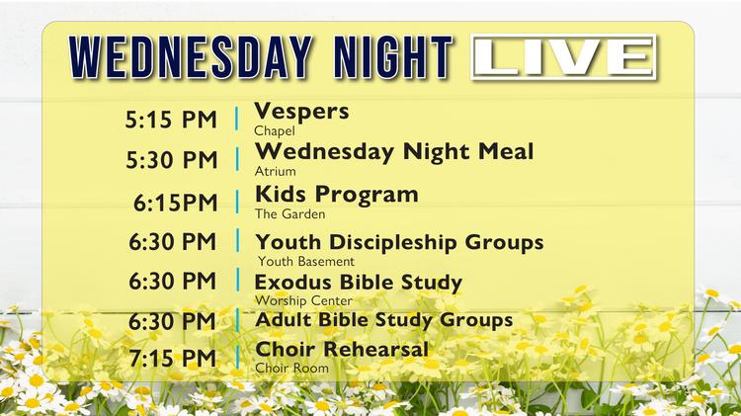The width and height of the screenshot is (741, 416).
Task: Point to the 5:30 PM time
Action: coord(170,159)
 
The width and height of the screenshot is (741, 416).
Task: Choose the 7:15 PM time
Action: coord(171,357)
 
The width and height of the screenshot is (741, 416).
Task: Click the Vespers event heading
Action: coord(302,111)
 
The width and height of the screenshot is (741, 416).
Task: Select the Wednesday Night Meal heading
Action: coord(394,151)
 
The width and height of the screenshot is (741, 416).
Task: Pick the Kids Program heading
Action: coord(336,194)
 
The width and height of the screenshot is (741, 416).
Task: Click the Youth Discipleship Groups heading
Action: coord(399,241)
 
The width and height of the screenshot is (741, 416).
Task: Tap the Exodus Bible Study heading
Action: coord(359,283)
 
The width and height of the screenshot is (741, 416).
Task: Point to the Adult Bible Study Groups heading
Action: coord(383,319)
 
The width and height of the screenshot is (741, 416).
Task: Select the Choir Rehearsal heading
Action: coord(342,349)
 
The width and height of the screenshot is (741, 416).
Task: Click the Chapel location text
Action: coord(274,129)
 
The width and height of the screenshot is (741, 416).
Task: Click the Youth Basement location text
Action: coord(305,262)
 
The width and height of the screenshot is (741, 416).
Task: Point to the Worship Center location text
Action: coord(303,300)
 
